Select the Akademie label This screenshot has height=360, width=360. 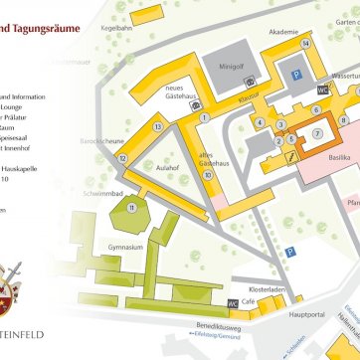click(282, 32)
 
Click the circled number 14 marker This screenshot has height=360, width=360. click(305, 44)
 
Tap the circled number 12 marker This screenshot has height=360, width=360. click(122, 158)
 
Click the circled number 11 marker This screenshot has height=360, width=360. click(132, 207)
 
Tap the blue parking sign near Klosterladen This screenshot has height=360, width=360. click(290, 254)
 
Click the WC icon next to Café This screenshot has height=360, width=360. click(233, 302)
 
